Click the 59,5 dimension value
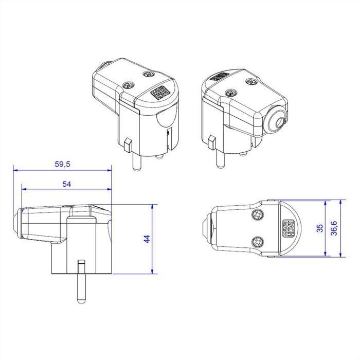62,165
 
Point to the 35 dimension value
319,229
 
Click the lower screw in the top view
257,241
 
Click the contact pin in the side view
80,283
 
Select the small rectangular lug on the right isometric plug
211,140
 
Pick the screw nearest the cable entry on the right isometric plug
251,81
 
